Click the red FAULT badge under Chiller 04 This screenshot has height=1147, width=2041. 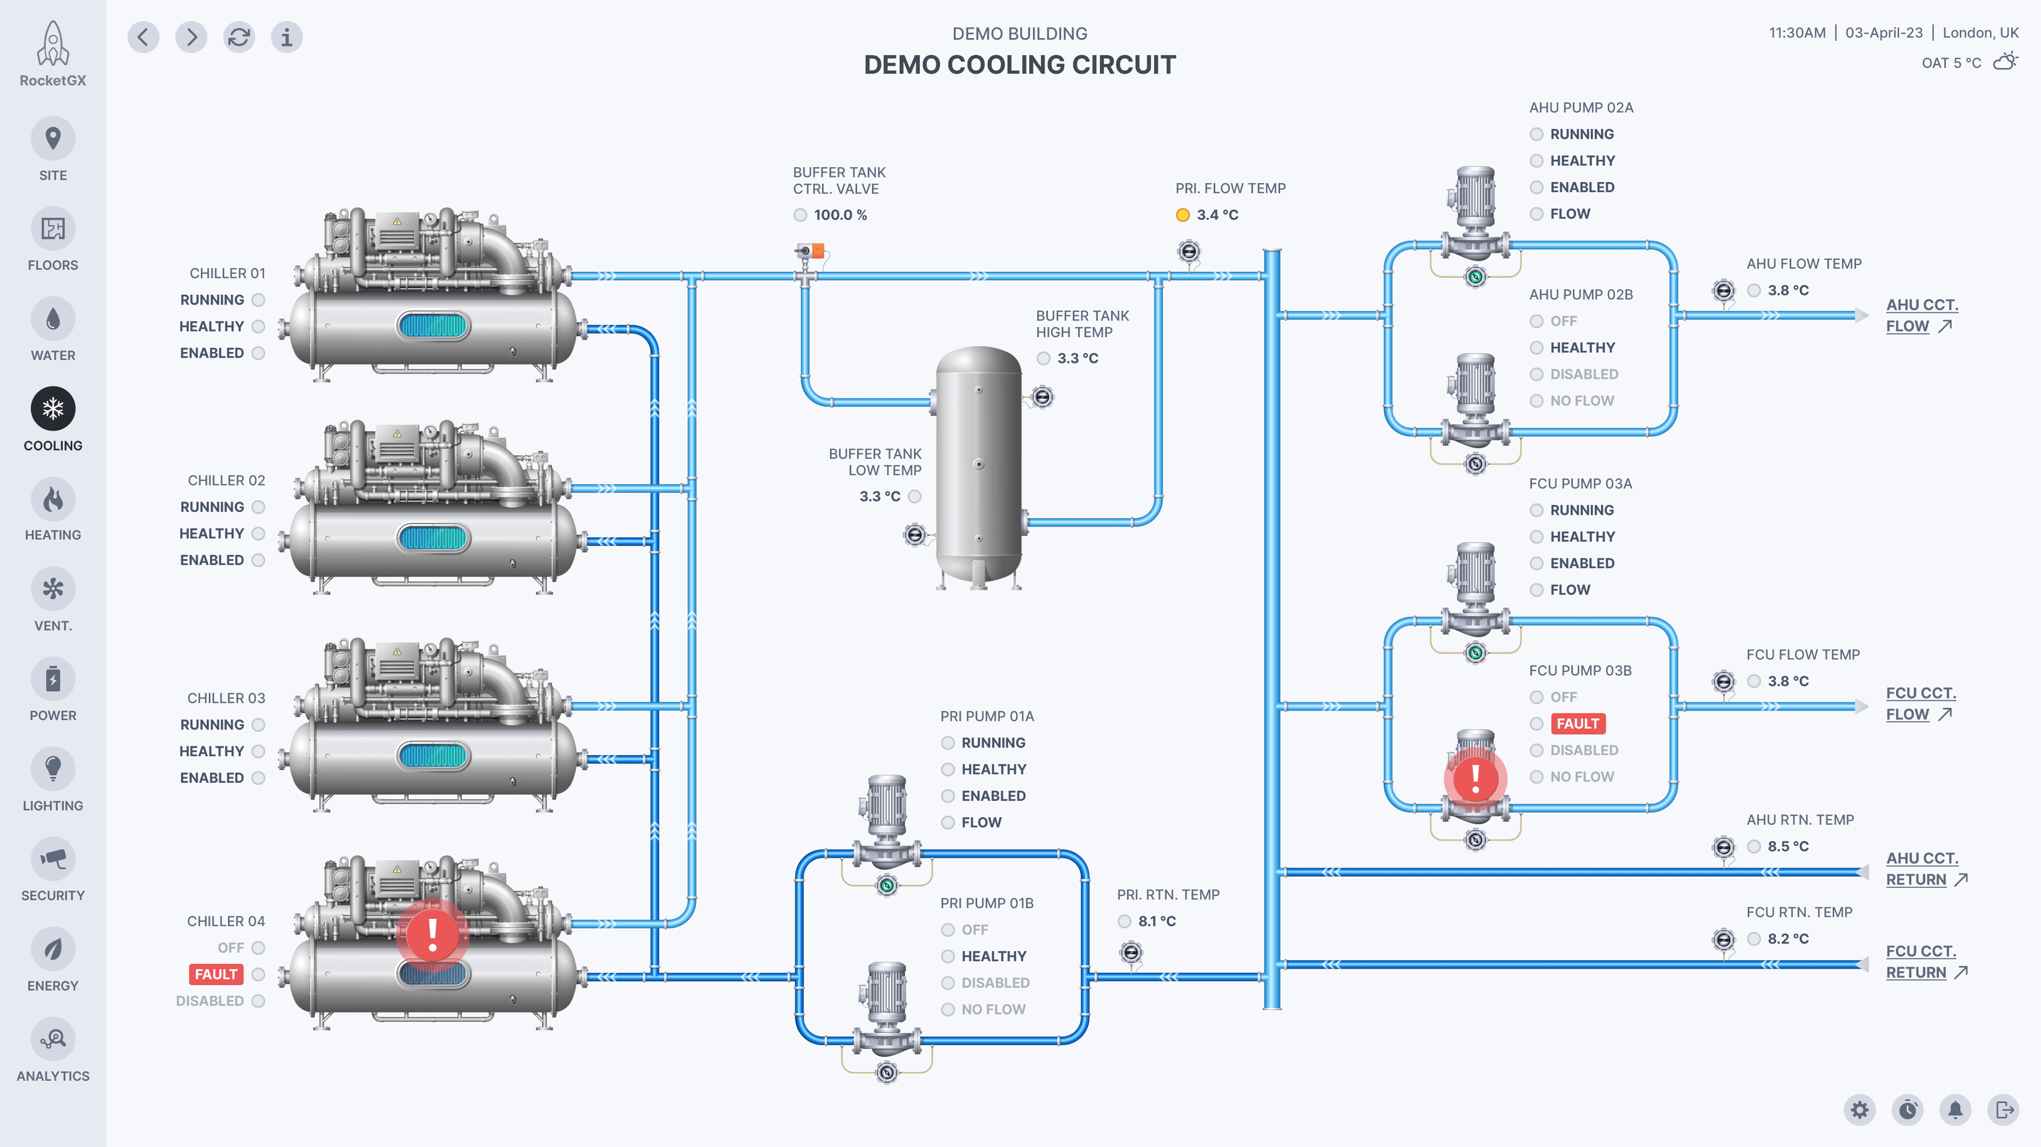(215, 974)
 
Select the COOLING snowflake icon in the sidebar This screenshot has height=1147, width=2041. (53, 409)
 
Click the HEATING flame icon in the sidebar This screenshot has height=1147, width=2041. (53, 499)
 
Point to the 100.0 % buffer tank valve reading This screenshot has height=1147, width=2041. (840, 215)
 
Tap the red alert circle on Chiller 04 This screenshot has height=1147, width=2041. (432, 934)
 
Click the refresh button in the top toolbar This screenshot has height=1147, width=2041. (239, 37)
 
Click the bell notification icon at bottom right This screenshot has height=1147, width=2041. (1955, 1110)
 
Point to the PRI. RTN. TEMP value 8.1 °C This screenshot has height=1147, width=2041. (1157, 921)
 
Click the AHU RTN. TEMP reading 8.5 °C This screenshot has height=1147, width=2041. (1787, 846)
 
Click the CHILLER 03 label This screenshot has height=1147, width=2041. (226, 698)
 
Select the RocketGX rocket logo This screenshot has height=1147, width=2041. (53, 44)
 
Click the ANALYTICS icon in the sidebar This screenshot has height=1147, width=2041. (53, 1039)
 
